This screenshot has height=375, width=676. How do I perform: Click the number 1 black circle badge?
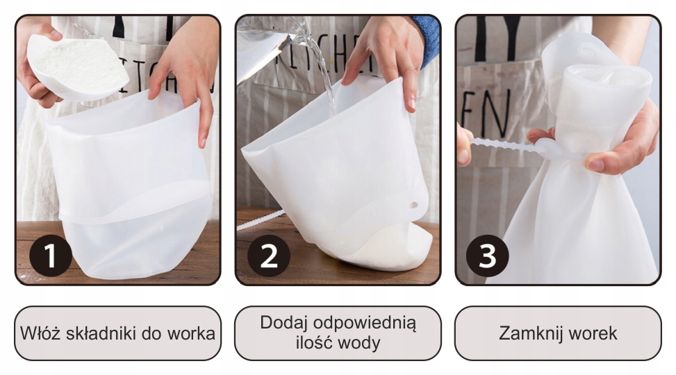50,256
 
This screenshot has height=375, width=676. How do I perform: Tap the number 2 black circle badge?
269,256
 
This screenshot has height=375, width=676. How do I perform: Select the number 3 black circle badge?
488,256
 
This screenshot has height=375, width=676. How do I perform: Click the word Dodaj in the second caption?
284,323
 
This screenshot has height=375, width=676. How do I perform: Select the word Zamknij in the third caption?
527,333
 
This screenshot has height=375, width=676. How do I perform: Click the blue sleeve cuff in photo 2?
428,38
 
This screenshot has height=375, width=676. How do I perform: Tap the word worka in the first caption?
191,333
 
